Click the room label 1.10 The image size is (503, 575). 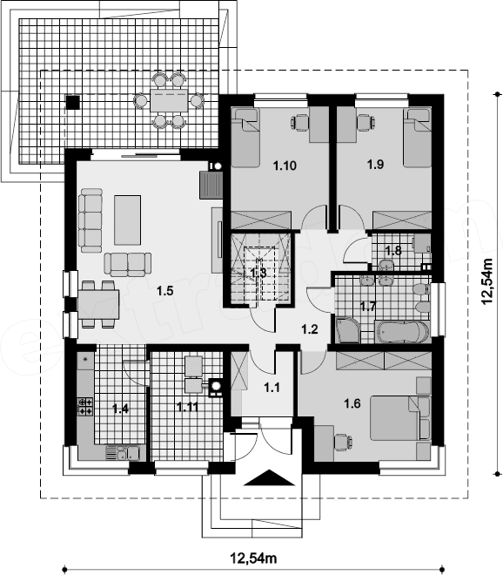[x=285, y=166]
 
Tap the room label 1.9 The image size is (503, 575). [x=376, y=165]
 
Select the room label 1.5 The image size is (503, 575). [x=164, y=291]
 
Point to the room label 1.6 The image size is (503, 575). [x=352, y=403]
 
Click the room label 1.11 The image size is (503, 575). [x=188, y=407]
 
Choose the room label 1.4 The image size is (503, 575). [x=121, y=409]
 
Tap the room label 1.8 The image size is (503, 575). [x=393, y=251]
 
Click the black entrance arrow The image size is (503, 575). [x=269, y=477]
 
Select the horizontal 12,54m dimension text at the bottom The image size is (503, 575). [x=253, y=558]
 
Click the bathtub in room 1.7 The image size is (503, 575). [x=402, y=332]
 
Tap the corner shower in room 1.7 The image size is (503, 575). [x=347, y=330]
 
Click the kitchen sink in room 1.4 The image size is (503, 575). [x=123, y=453]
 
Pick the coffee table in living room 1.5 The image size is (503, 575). [x=127, y=220]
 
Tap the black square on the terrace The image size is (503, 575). [x=72, y=102]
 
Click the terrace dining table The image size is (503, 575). [x=169, y=100]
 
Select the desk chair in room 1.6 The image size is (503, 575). [x=343, y=442]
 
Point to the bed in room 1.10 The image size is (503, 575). [x=245, y=138]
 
